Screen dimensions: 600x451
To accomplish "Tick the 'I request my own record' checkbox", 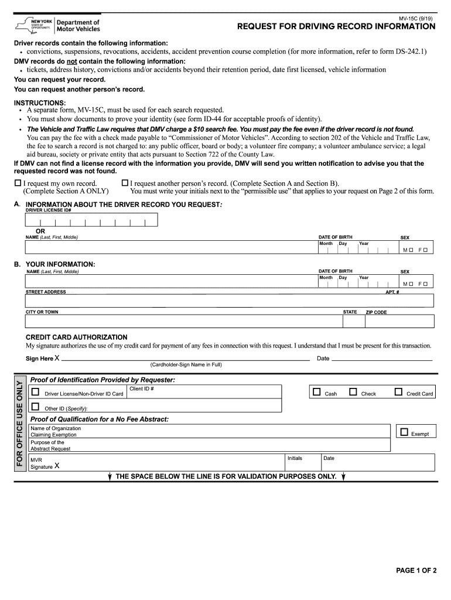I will pyautogui.click(x=18, y=183).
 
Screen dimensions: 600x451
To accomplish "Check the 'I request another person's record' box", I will pyautogui.click(x=124, y=183).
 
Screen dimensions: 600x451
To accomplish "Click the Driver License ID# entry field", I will pyautogui.click(x=91, y=220).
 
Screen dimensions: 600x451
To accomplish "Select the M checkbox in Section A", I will pyautogui.click(x=411, y=250).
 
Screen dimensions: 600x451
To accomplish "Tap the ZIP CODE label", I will pyautogui.click(x=376, y=312).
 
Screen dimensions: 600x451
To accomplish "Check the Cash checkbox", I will pyautogui.click(x=317, y=392).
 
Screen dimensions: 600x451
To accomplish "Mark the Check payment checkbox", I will pyautogui.click(x=353, y=392).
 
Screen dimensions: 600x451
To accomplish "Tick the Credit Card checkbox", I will pyautogui.click(x=398, y=392).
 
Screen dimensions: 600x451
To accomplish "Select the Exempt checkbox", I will pyautogui.click(x=403, y=432).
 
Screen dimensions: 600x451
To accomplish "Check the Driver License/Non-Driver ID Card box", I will pyautogui.click(x=36, y=392).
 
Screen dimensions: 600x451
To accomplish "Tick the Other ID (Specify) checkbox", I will pyautogui.click(x=36, y=407).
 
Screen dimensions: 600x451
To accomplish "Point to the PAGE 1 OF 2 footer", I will pyautogui.click(x=416, y=571).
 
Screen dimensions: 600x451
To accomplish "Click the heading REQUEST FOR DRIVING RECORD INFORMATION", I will pyautogui.click(x=336, y=27).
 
